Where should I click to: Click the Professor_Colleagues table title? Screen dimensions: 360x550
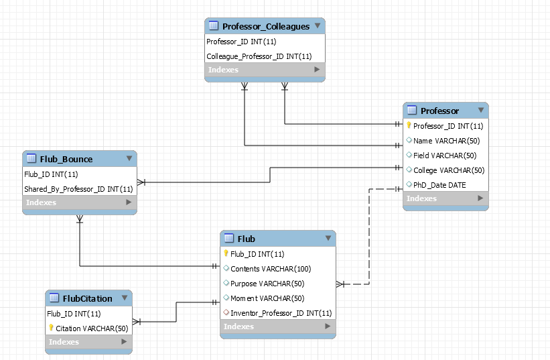(265, 27)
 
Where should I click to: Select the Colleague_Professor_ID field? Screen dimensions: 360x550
(259, 56)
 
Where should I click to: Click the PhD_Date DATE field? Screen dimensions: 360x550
(439, 185)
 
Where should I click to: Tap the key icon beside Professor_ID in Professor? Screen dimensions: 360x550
(409, 125)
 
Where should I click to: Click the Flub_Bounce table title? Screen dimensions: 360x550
(66, 159)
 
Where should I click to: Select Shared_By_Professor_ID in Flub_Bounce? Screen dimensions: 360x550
(78, 189)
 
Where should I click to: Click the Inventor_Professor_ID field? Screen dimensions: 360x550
(281, 313)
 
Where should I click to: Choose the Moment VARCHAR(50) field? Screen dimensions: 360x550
(267, 298)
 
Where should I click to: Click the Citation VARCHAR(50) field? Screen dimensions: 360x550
(91, 328)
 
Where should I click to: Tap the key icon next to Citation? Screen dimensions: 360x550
(51, 328)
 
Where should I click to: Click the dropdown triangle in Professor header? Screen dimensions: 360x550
(481, 110)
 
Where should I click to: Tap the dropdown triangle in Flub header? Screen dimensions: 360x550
(328, 238)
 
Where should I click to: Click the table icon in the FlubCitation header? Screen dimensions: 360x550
(53, 298)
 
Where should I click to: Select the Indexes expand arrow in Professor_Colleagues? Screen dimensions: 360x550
(317, 70)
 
